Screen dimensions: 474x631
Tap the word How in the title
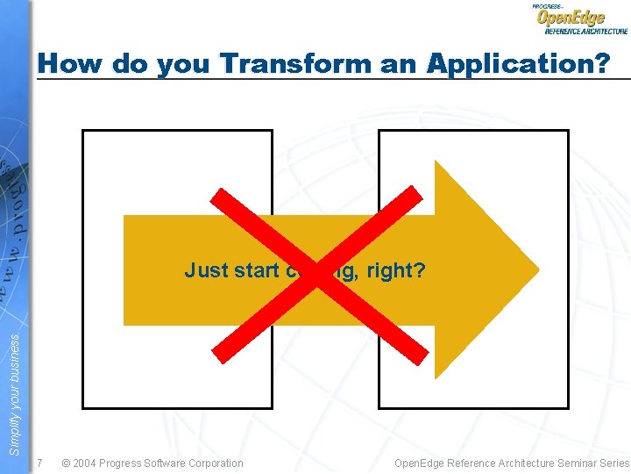pos(70,63)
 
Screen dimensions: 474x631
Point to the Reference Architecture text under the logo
pos(586,31)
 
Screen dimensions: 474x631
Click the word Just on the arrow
pos(207,270)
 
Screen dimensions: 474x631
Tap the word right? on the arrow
pos(395,270)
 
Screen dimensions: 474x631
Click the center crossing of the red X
pos(321,274)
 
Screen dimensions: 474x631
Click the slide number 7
pos(40,463)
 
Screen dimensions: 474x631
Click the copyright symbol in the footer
pos(67,463)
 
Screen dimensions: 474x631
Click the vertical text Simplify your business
pos(14,395)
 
